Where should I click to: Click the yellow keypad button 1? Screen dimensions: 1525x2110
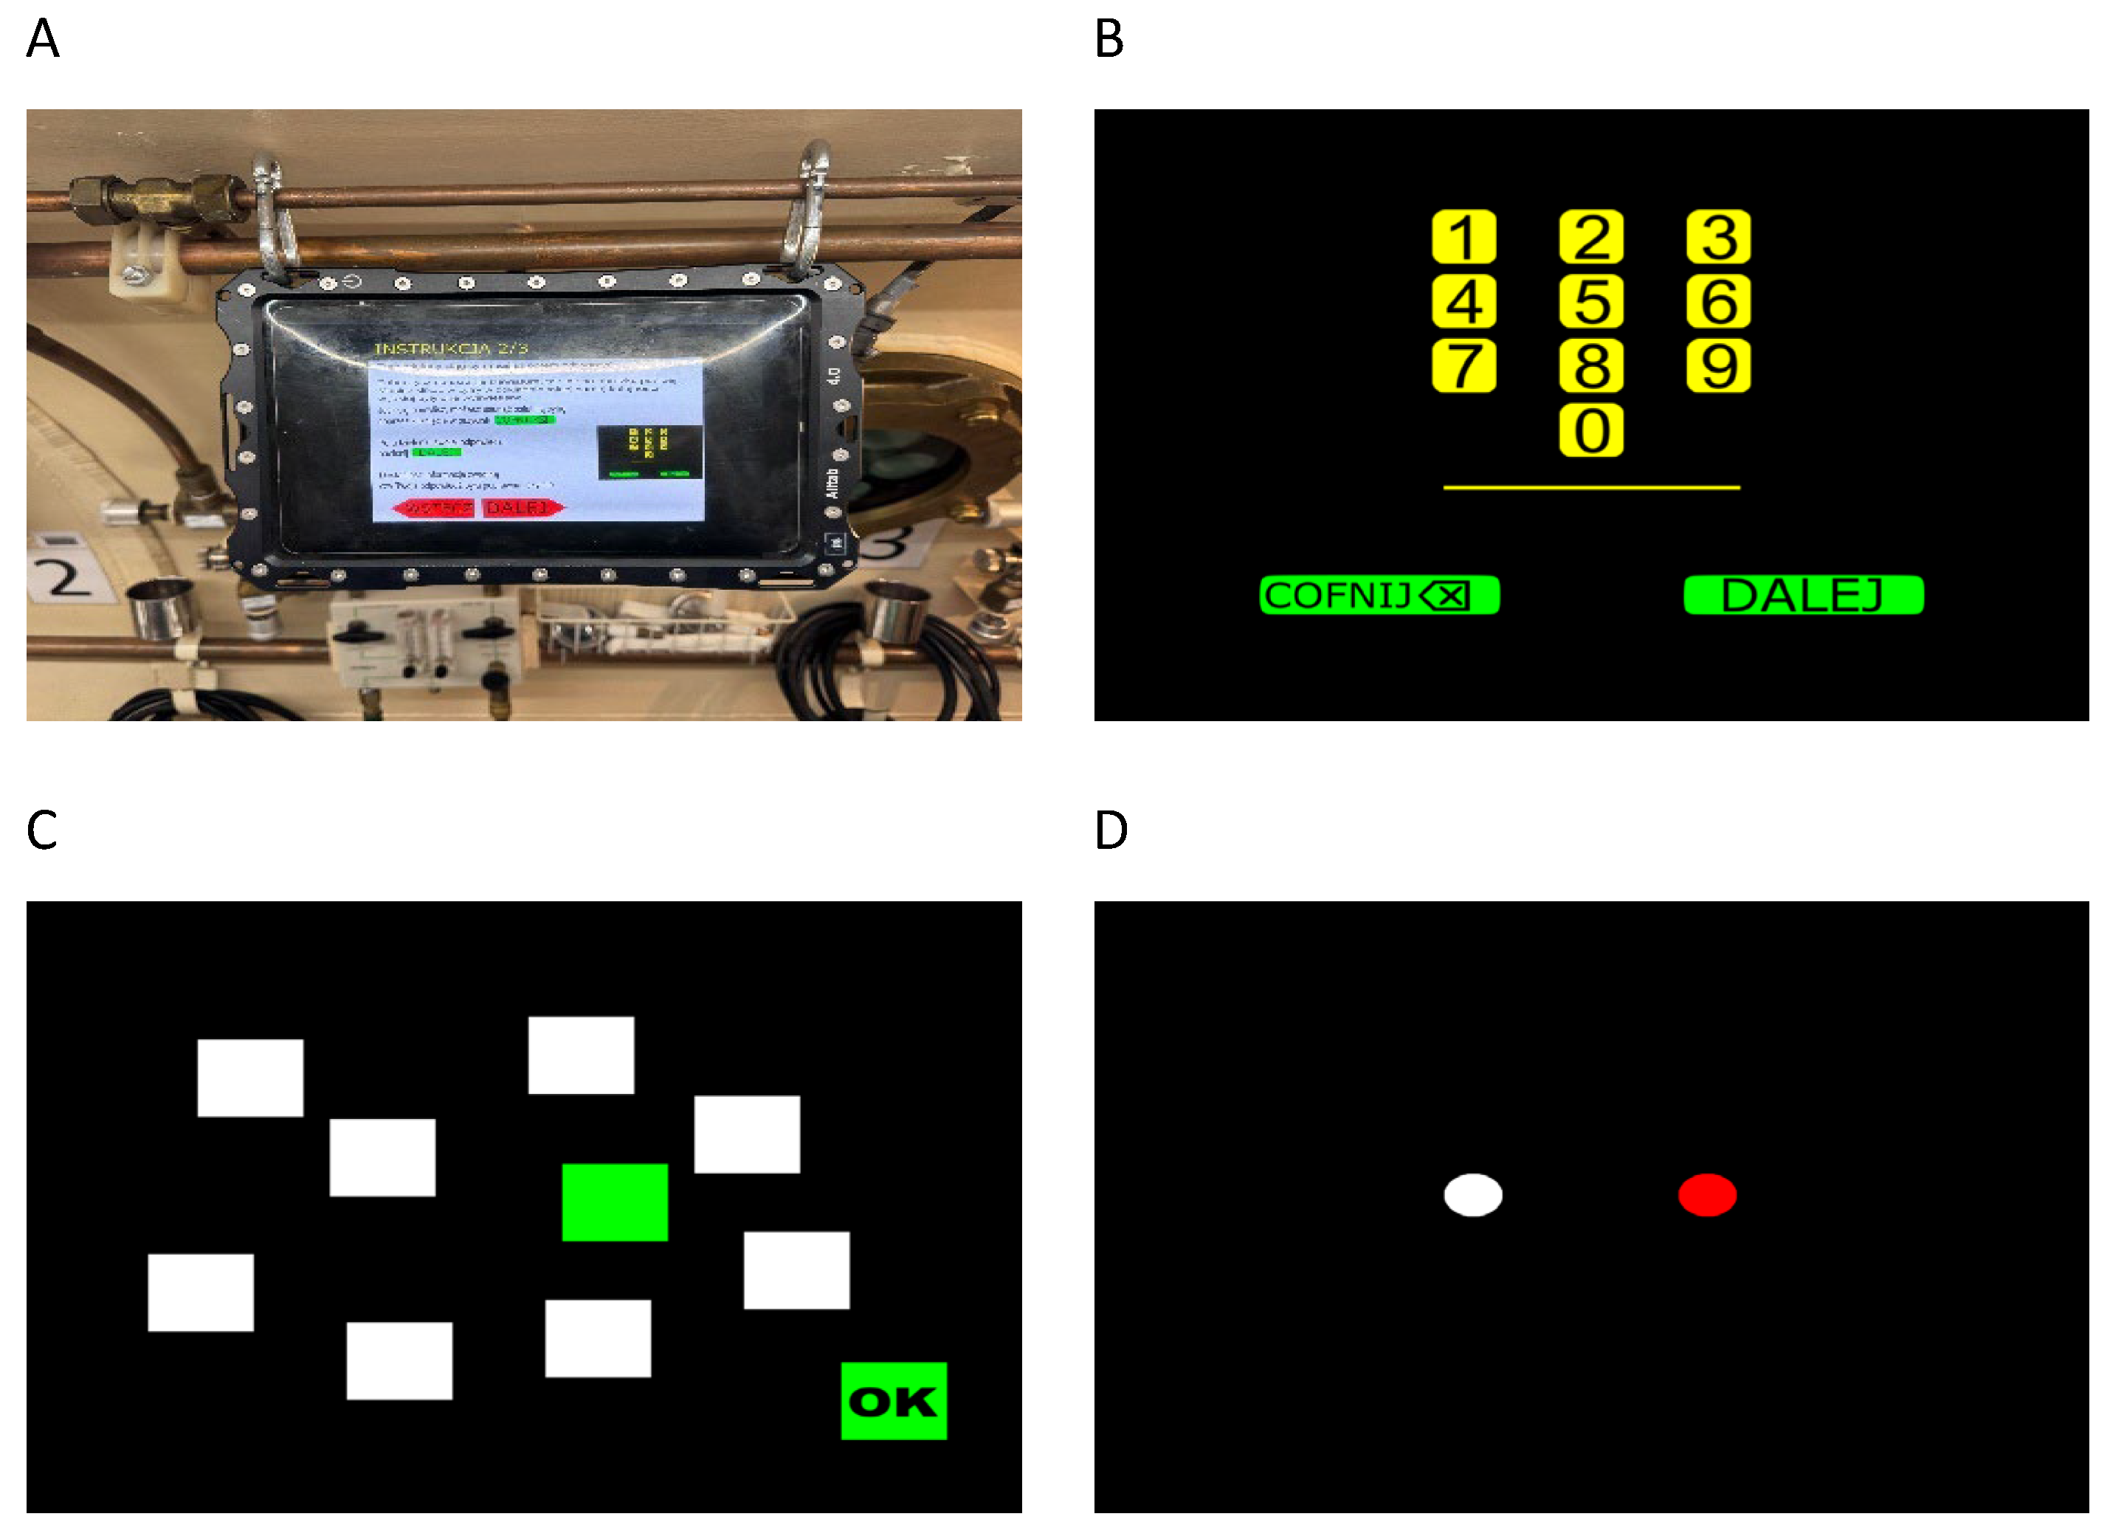(x=1463, y=237)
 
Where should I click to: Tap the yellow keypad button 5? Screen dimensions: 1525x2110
(x=1591, y=301)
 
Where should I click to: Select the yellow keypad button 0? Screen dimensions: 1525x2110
(x=1591, y=430)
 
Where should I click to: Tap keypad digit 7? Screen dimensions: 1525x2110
(x=1463, y=365)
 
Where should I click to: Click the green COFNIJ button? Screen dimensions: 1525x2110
(x=1379, y=594)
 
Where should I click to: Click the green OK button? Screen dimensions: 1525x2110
(x=893, y=1400)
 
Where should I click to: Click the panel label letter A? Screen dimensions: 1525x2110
(x=43, y=39)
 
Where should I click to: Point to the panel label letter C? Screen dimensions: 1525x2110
(x=42, y=830)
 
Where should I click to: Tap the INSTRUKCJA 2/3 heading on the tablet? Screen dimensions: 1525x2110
(x=450, y=348)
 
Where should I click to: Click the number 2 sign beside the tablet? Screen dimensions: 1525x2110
(x=65, y=577)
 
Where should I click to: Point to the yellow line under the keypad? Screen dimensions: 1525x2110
(x=1591, y=486)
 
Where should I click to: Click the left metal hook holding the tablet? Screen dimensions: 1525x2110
(x=272, y=212)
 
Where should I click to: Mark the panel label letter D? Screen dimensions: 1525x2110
(x=1111, y=830)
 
